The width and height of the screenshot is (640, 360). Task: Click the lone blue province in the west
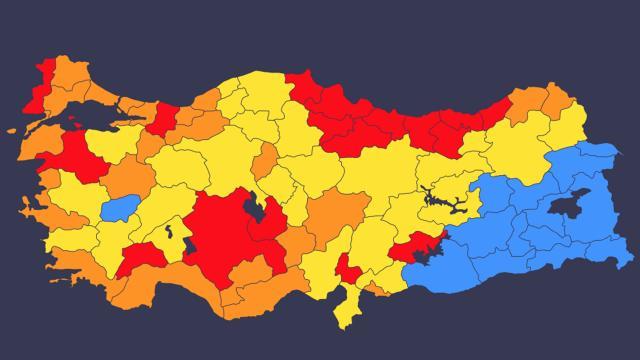click(x=120, y=208)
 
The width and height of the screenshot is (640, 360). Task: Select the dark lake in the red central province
click(x=254, y=209)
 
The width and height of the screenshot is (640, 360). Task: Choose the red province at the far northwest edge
click(x=40, y=85)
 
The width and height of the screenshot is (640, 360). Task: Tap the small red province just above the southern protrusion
click(x=347, y=269)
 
